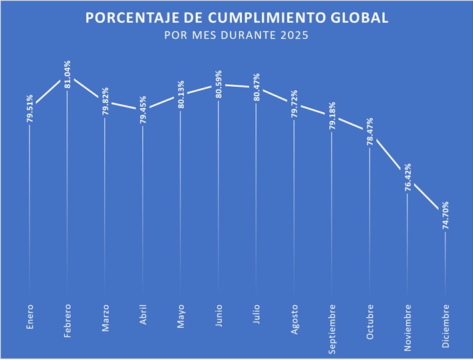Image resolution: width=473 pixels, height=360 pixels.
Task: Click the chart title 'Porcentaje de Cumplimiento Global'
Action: (236, 17)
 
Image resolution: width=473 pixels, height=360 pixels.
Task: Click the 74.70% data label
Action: (446, 216)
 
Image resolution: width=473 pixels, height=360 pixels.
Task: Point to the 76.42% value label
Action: (408, 178)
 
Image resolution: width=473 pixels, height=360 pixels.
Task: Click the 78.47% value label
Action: (369, 130)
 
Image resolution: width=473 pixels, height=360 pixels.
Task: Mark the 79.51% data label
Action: (29, 108)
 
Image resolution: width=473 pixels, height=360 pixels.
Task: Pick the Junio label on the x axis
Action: (218, 315)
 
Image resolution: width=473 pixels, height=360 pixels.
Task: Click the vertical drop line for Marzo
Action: (105, 200)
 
